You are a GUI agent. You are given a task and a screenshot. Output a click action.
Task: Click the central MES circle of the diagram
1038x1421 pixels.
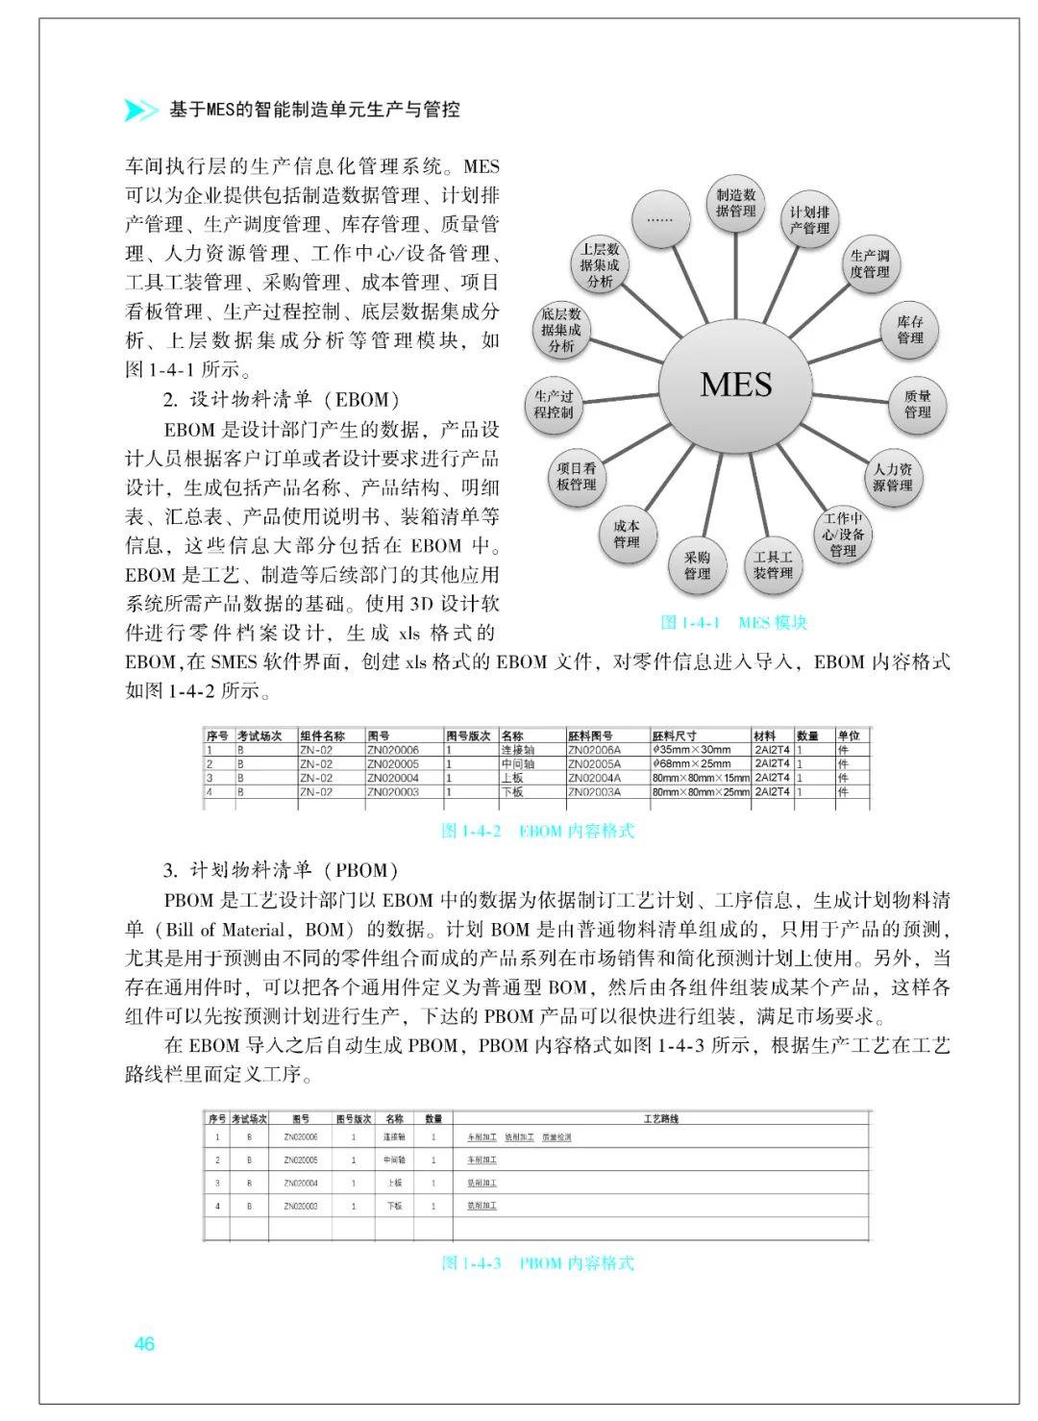(x=735, y=385)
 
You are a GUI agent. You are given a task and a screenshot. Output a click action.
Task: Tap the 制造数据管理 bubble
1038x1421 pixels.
(x=736, y=203)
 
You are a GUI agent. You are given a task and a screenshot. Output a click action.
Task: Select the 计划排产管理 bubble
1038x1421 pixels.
(x=809, y=220)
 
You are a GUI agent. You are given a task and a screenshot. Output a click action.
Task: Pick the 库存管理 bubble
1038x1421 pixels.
(x=909, y=330)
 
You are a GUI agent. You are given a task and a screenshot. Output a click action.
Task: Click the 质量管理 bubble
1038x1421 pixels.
(x=917, y=404)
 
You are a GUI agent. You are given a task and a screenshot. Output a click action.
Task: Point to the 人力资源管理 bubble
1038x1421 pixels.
(x=892, y=478)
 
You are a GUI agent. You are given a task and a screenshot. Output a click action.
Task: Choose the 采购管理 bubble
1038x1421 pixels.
(x=697, y=565)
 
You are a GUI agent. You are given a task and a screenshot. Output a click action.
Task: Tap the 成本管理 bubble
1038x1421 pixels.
(x=626, y=535)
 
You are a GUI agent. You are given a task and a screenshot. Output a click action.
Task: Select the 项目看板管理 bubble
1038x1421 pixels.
(x=577, y=477)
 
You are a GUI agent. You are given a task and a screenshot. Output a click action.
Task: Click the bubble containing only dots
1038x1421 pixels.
(x=659, y=218)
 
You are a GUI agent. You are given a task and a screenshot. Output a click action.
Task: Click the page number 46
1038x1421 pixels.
(x=144, y=1344)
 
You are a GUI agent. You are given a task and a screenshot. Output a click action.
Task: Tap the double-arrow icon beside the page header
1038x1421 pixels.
(x=141, y=111)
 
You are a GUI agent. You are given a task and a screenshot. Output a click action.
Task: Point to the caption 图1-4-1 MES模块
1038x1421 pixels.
(x=734, y=622)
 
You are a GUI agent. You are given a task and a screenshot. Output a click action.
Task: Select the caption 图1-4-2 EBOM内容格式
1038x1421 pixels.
(x=537, y=831)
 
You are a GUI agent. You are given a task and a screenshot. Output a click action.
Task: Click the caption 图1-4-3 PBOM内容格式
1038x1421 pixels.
(x=537, y=1262)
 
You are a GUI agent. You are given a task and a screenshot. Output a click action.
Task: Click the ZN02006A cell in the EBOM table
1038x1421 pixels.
(x=594, y=750)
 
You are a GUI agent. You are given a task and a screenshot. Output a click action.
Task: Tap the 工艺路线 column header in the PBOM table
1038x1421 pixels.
(x=660, y=1119)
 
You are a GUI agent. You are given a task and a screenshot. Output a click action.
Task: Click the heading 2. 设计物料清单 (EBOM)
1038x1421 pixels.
(x=281, y=400)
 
